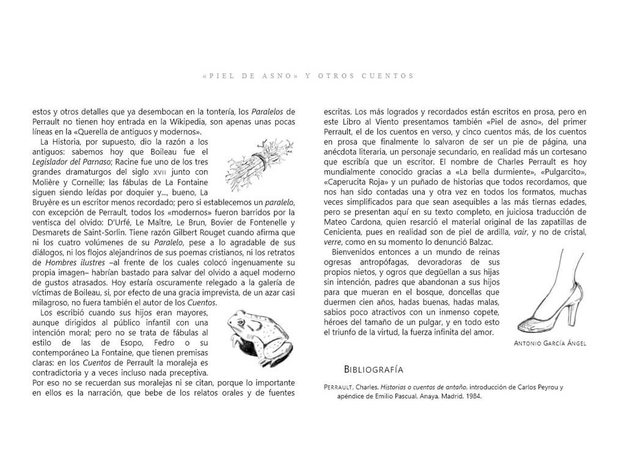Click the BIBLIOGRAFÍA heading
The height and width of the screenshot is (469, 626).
point(374,369)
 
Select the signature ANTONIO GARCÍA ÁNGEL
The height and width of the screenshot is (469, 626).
point(551,343)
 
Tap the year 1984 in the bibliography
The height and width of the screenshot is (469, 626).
point(473,396)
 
